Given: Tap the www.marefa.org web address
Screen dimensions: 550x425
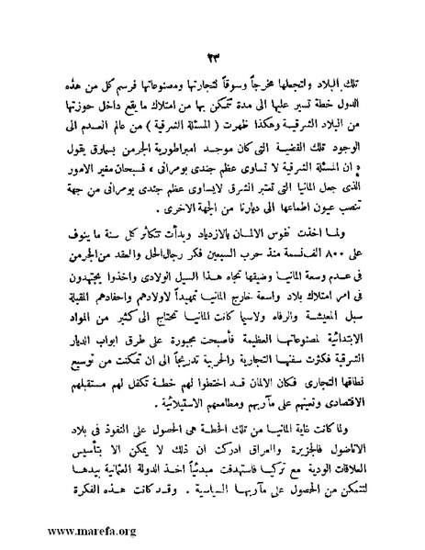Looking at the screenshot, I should click(62, 530).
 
